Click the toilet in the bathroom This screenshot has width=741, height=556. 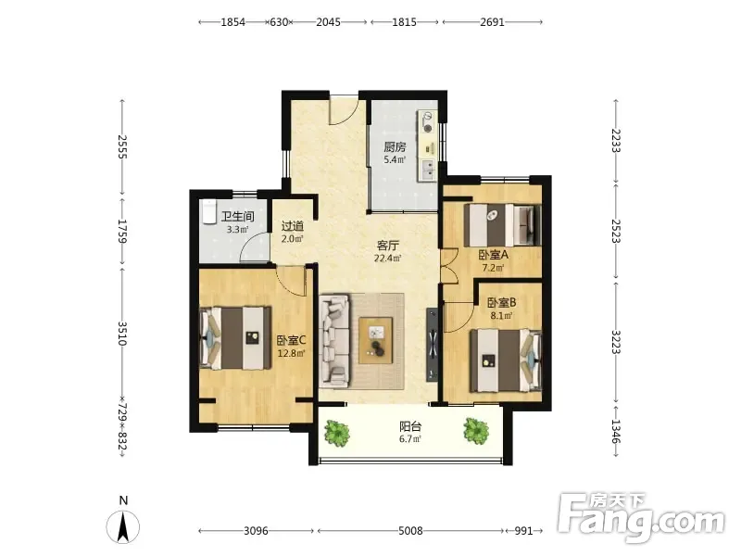pyautogui.click(x=208, y=211)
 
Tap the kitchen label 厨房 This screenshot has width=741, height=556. pyautogui.click(x=395, y=146)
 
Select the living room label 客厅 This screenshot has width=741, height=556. pyautogui.click(x=387, y=246)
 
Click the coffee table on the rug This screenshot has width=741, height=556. pyautogui.click(x=376, y=340)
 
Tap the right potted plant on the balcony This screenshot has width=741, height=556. pyautogui.click(x=476, y=430)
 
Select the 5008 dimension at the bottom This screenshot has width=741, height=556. pyautogui.click(x=410, y=530)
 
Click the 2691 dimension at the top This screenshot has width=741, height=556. pyautogui.click(x=493, y=21)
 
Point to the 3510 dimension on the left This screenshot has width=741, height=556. pyautogui.click(x=122, y=334)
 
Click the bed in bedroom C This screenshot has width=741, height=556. pyautogui.click(x=235, y=338)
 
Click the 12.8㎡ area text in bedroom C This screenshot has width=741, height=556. pyautogui.click(x=291, y=352)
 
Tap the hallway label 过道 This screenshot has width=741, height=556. pyautogui.click(x=293, y=226)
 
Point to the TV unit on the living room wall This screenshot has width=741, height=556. pyautogui.click(x=433, y=345)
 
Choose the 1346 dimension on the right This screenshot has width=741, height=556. pyautogui.click(x=616, y=431)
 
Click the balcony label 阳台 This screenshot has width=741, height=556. pyautogui.click(x=410, y=426)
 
